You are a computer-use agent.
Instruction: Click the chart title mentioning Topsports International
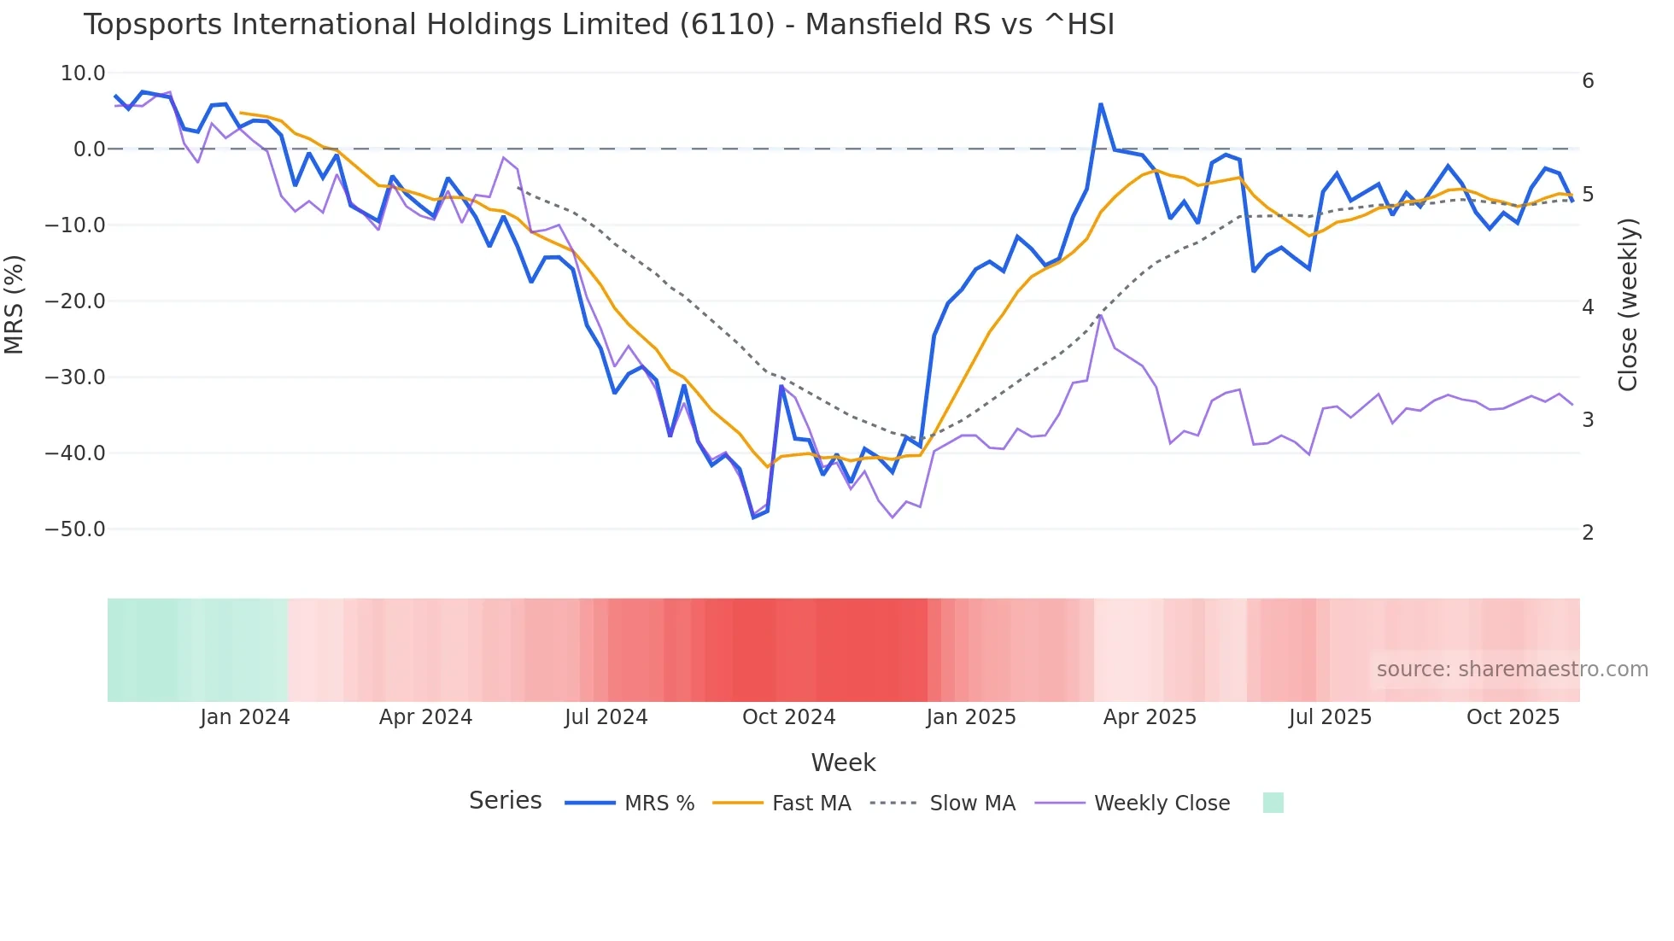click(x=599, y=25)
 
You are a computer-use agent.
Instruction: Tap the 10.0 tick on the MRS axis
click(x=83, y=73)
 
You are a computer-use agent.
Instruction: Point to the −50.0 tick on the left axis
click(x=75, y=529)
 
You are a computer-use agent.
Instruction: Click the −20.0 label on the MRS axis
click(x=75, y=301)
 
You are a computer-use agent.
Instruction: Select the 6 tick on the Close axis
click(x=1588, y=81)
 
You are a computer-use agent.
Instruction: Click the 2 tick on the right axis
click(x=1588, y=533)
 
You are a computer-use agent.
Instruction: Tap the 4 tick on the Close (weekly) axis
click(x=1588, y=307)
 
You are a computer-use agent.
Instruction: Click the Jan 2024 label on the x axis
click(x=245, y=717)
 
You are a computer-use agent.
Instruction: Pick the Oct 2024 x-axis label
click(x=788, y=717)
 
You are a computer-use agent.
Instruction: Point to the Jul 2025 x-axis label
click(x=1330, y=717)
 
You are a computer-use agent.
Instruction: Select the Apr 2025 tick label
click(x=1150, y=717)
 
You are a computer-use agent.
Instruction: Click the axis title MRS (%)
click(x=15, y=304)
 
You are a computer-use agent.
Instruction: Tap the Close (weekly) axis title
click(x=1628, y=304)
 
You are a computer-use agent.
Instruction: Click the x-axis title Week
click(x=843, y=763)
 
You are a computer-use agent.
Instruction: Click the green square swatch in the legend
click(x=1273, y=804)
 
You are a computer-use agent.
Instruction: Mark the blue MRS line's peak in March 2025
click(x=1101, y=105)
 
